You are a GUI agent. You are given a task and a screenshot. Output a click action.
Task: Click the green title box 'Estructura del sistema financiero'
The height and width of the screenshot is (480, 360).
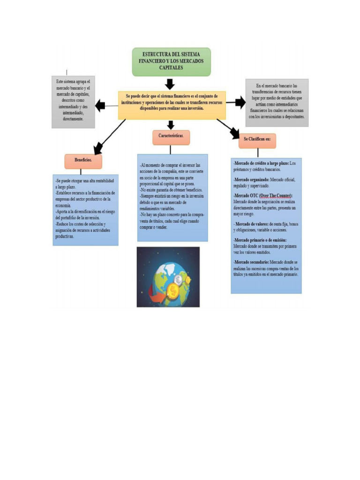(171, 61)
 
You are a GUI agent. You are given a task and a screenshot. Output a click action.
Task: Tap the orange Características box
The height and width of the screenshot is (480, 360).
(171, 137)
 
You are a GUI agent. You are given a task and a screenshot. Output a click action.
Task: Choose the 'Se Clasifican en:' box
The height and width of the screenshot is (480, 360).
(257, 140)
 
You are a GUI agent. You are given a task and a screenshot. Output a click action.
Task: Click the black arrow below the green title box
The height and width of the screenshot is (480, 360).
(170, 84)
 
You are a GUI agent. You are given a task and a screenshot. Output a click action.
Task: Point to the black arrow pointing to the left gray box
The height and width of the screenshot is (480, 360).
(100, 105)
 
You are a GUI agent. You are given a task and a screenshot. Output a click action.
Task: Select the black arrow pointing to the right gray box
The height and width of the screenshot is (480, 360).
(240, 102)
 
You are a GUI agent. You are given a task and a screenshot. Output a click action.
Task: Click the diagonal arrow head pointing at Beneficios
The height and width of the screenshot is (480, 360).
(98, 149)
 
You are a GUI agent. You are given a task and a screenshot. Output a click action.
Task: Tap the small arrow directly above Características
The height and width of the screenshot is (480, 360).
(171, 125)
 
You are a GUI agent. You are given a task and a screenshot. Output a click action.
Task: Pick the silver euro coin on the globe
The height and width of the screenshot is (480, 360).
(178, 280)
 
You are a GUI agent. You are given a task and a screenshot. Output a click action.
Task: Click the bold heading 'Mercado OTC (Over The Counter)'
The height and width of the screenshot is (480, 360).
(263, 195)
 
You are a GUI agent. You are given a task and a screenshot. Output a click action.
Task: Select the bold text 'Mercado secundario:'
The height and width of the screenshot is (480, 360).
(251, 262)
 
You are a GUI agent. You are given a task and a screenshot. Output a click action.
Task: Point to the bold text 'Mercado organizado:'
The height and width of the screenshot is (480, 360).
(252, 180)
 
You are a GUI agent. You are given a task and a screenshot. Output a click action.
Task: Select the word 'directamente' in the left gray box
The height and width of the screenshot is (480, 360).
(73, 119)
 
